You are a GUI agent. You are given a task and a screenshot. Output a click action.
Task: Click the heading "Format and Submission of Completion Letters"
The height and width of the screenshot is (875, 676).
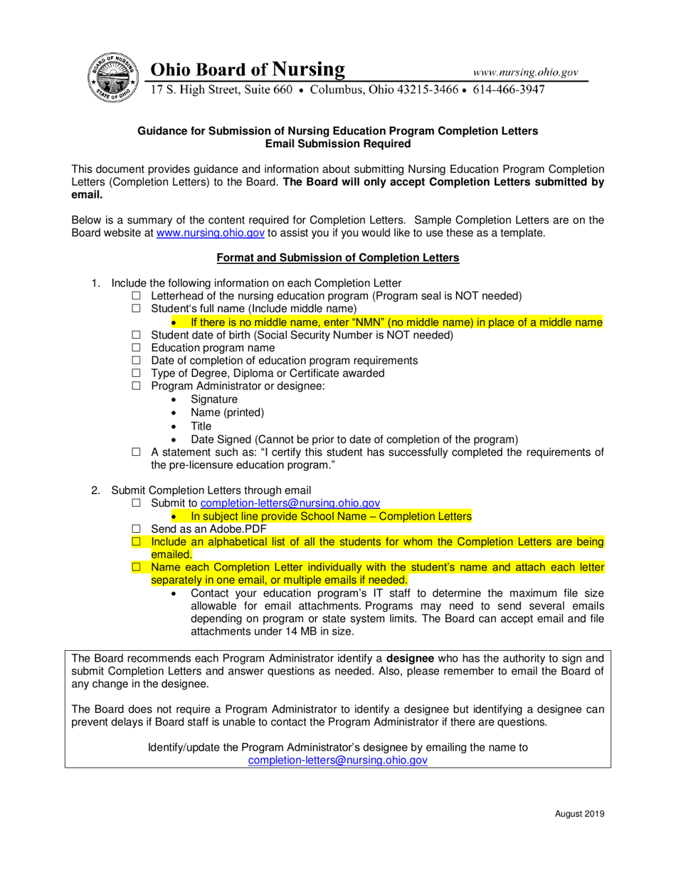[x=338, y=258]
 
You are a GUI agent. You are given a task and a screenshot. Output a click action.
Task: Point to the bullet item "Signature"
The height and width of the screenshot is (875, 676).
[x=214, y=400]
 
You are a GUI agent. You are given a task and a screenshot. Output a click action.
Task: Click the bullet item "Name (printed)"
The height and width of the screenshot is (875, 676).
[x=227, y=413]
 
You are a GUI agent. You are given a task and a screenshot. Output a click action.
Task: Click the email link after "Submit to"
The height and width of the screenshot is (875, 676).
[x=290, y=503]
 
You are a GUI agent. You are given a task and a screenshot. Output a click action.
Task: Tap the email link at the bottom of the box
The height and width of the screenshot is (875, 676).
[x=337, y=760]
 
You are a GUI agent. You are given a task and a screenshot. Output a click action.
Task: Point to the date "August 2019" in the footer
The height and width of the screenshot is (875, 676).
[x=579, y=815]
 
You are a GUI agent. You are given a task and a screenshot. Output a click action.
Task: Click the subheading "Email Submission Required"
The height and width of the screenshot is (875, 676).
[x=337, y=144]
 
